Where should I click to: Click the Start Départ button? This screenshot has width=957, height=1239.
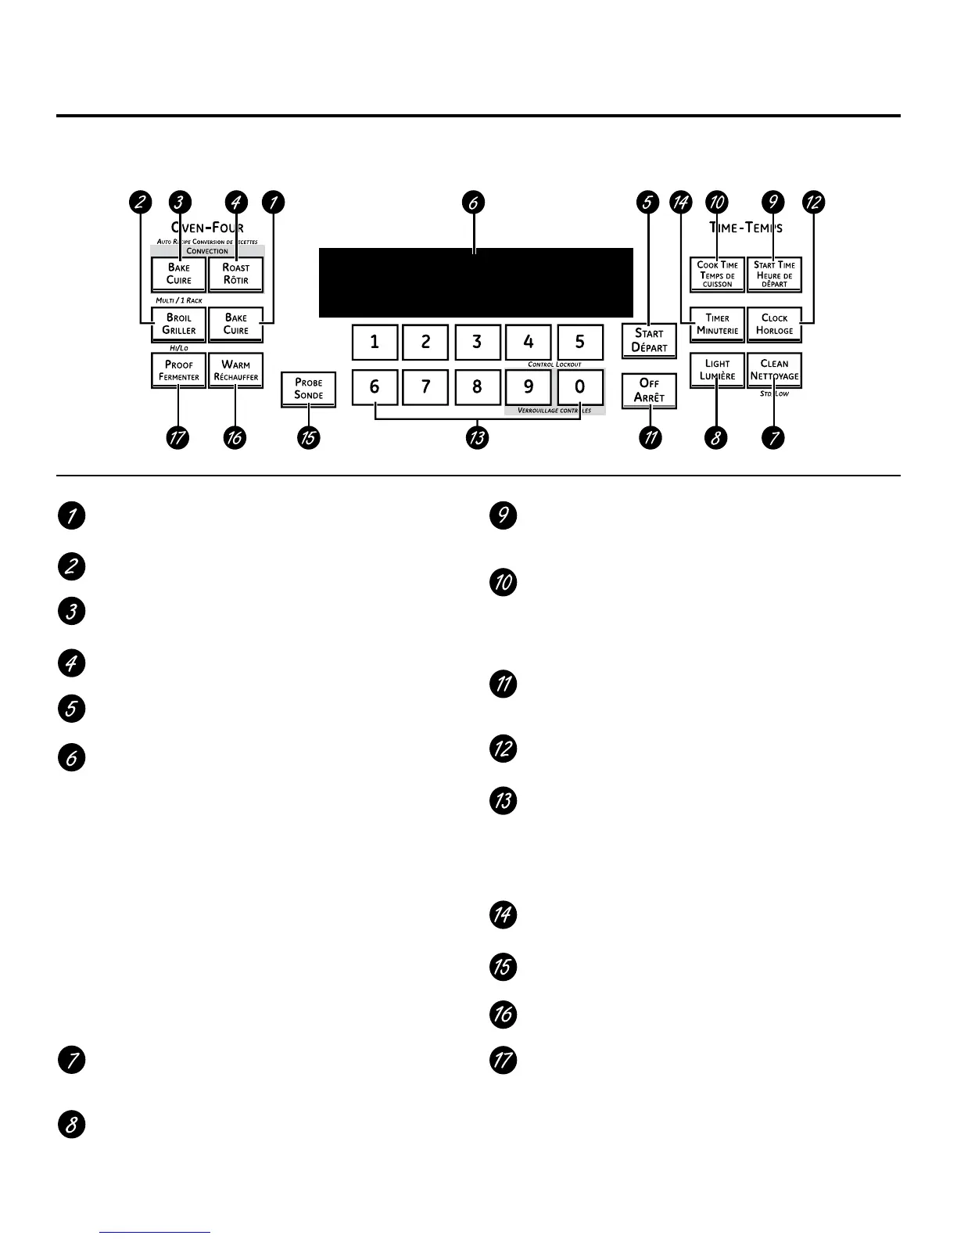pyautogui.click(x=649, y=340)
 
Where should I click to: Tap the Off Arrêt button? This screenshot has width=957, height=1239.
pyautogui.click(x=649, y=390)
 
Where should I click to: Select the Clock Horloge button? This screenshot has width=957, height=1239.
pyautogui.click(x=774, y=324)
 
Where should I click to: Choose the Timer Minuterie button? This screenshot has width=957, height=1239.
pyautogui.click(x=717, y=324)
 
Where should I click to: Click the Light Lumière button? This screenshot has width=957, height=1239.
pyautogui.click(x=717, y=370)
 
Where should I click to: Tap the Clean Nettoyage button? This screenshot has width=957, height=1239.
pyautogui.click(x=774, y=370)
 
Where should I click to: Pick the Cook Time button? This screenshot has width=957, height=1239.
pyautogui.click(x=717, y=274)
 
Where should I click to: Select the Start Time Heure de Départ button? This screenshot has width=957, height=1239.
pyautogui.click(x=774, y=274)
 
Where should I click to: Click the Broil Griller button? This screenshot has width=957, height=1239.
pyautogui.click(x=179, y=324)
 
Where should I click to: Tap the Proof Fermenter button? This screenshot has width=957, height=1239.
pyautogui.click(x=179, y=371)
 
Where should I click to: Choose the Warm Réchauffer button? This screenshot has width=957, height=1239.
pyautogui.click(x=235, y=371)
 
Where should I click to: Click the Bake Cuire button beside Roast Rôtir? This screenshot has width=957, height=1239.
pyautogui.click(x=179, y=274)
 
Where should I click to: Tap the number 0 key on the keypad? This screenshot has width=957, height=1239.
pyautogui.click(x=579, y=386)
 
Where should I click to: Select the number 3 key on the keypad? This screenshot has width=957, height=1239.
pyautogui.click(x=477, y=342)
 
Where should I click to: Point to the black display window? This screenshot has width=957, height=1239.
pyautogui.click(x=475, y=282)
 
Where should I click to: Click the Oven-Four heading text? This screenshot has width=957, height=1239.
pyautogui.click(x=207, y=228)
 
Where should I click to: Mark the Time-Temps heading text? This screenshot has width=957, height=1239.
pyautogui.click(x=746, y=228)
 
